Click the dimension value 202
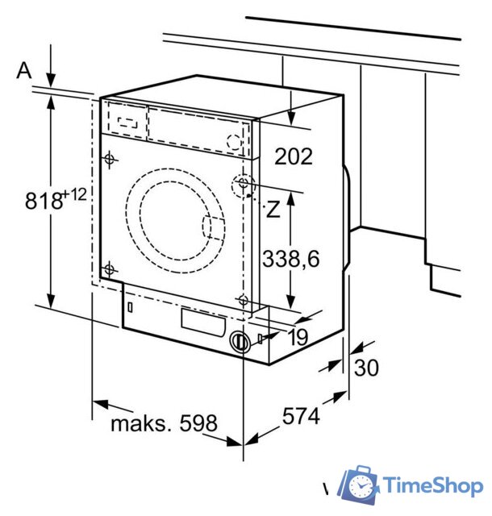tap(293, 156)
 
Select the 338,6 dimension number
tap(290, 258)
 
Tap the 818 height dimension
tap(44, 201)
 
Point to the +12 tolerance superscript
tap(74, 195)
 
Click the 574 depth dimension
tap(301, 416)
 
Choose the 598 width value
tap(198, 422)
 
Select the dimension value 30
tap(366, 368)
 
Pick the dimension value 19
tap(298, 337)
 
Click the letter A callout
tap(24, 70)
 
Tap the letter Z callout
tap(273, 209)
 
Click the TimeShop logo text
tap(433, 485)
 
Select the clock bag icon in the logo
tap(358, 484)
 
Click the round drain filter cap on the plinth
tap(240, 342)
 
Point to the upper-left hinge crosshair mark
tap(110, 160)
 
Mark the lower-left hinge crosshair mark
tap(109, 270)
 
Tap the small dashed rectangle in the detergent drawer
tap(127, 123)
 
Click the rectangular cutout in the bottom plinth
tap(203, 322)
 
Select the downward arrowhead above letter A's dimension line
tap(51, 81)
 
